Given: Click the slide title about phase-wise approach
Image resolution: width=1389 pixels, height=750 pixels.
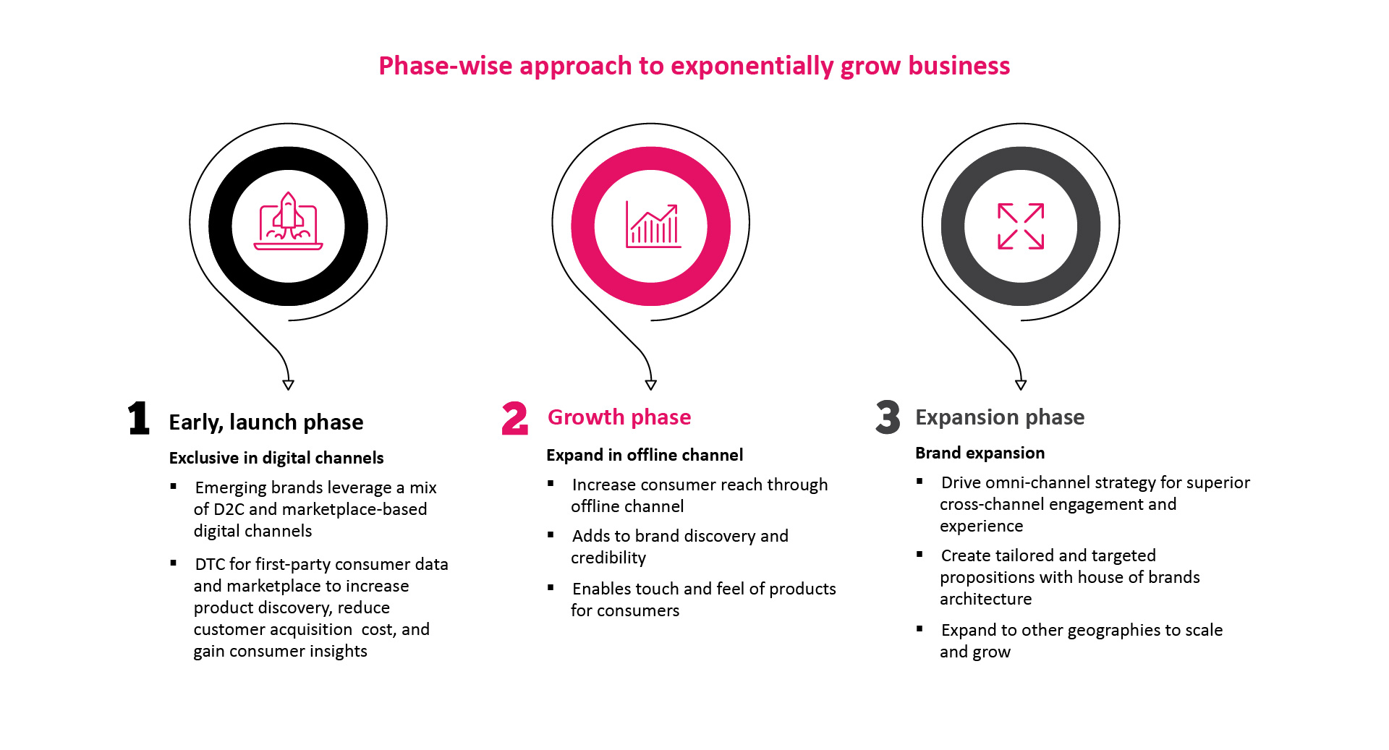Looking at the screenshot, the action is (694, 66).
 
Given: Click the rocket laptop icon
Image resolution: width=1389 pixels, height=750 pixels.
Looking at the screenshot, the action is (288, 221).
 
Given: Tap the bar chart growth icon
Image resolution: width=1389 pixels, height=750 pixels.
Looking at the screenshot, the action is (653, 225).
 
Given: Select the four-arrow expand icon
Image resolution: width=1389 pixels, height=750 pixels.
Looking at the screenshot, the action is (1021, 226).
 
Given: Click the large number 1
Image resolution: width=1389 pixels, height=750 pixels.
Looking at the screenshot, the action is (139, 418).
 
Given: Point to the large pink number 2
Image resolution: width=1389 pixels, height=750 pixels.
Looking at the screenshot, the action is (515, 418).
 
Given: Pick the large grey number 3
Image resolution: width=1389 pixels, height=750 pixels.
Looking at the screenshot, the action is (888, 417).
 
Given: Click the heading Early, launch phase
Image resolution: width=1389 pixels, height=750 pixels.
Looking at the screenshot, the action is (266, 422).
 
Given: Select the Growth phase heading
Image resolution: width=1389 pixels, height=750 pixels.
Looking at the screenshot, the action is (619, 417).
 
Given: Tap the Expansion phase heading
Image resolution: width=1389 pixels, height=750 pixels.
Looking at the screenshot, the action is (1000, 417).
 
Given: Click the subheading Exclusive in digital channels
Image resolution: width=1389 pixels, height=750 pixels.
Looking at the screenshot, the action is (276, 458).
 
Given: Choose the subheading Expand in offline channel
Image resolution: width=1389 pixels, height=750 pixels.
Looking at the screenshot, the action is (645, 455).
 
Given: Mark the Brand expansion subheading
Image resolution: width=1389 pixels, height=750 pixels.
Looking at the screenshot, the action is (980, 453).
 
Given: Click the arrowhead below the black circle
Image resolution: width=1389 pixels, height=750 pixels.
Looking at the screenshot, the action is (289, 385).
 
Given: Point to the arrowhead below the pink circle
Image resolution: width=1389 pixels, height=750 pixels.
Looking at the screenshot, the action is (651, 385).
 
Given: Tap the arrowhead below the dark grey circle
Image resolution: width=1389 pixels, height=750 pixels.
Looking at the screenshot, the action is (1021, 385).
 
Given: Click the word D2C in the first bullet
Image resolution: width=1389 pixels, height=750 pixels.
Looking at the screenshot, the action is (229, 509).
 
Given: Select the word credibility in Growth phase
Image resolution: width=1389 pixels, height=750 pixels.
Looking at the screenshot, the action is (608, 558).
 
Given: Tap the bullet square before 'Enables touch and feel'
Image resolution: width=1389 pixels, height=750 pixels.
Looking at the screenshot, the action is (551, 587).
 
